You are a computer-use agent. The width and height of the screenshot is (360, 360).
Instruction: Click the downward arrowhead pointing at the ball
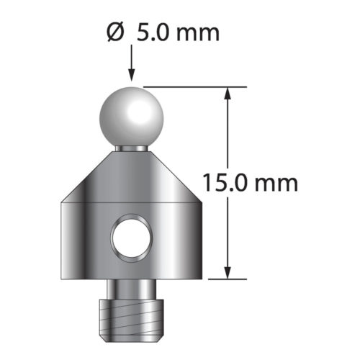[x=132, y=74]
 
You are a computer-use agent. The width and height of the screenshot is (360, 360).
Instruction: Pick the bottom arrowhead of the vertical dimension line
[x=229, y=271]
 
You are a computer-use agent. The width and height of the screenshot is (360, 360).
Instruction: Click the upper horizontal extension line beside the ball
[x=187, y=86]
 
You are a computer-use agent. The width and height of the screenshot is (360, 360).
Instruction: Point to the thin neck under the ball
[x=132, y=147]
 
